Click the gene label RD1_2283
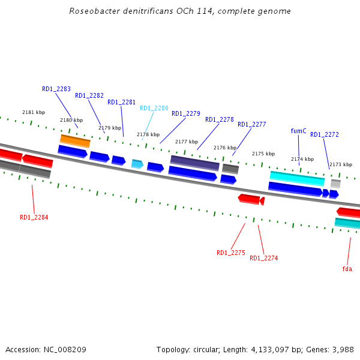pyautogui.click(x=56, y=89)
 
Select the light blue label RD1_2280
pyautogui.click(x=154, y=108)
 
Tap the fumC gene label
pyautogui.click(x=298, y=131)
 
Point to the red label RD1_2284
pyautogui.click(x=34, y=217)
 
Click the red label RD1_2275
pyautogui.click(x=231, y=253)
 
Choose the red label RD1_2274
pyautogui.click(x=264, y=258)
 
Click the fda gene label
pyautogui.click(x=347, y=269)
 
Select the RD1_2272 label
pyautogui.click(x=325, y=134)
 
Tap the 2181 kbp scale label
pyautogui.click(x=34, y=112)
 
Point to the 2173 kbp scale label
pyautogui.click(x=341, y=164)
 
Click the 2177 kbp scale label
pyautogui.click(x=187, y=142)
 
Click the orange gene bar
pyautogui.click(x=75, y=141)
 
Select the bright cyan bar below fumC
pyautogui.click(x=297, y=178)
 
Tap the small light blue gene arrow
pyautogui.click(x=137, y=164)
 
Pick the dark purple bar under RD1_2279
pyautogui.click(x=194, y=162)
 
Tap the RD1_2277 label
pyautogui.click(x=252, y=124)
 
